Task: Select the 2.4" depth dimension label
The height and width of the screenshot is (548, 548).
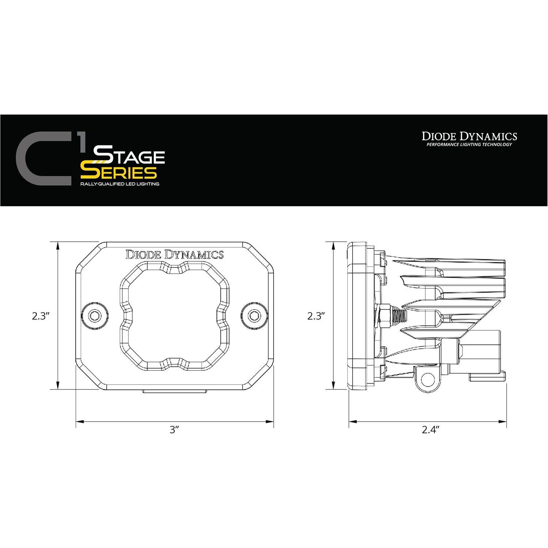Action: point(430,430)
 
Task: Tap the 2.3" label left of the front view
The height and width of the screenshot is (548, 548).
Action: point(41,316)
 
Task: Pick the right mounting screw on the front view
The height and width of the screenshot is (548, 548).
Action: point(254,315)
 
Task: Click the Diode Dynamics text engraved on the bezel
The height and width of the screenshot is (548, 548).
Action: point(175,255)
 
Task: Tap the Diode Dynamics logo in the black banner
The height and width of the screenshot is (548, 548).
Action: point(469,136)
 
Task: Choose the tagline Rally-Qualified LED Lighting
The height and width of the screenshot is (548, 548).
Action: point(120,184)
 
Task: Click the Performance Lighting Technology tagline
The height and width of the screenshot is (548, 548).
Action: point(469,145)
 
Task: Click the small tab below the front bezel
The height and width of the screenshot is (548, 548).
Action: point(175,392)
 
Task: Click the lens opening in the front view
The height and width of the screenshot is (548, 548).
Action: point(175,315)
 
